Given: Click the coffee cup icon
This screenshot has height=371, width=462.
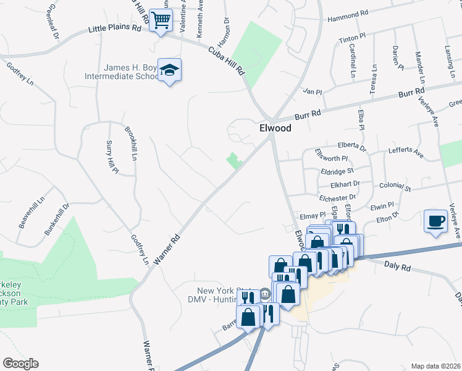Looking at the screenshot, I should (436, 220).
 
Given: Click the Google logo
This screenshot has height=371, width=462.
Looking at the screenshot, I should (20, 364).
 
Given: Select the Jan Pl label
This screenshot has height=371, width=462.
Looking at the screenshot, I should (313, 92).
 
